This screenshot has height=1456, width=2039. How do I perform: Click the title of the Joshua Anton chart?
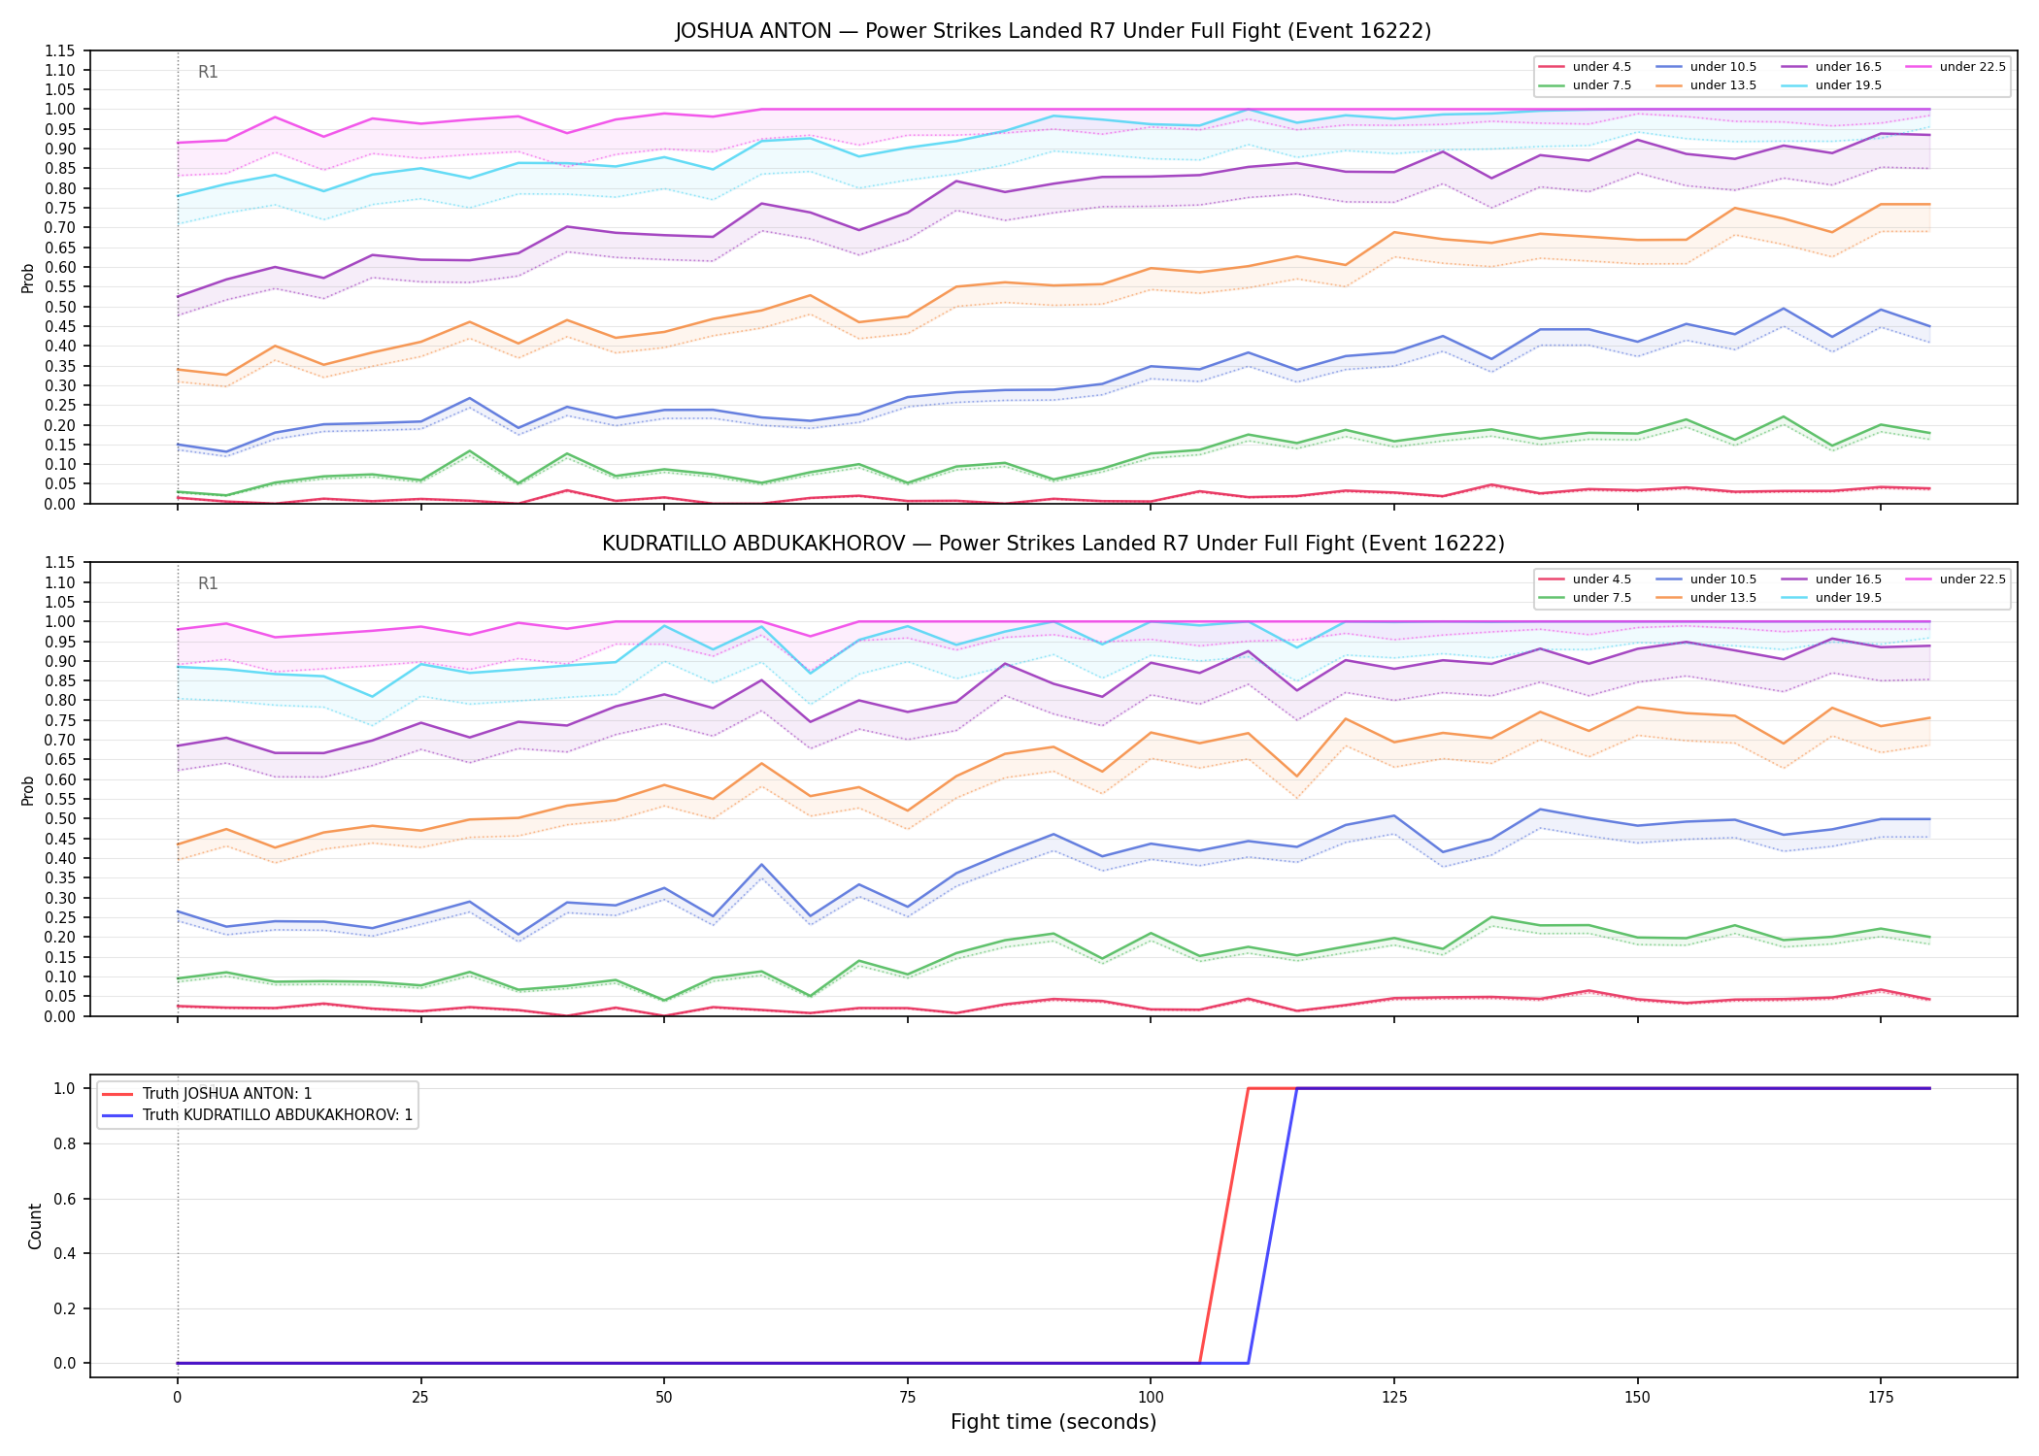tap(1053, 31)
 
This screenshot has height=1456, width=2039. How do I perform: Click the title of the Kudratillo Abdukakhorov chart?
tap(1053, 544)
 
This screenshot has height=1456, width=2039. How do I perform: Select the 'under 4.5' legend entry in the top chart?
tap(1585, 67)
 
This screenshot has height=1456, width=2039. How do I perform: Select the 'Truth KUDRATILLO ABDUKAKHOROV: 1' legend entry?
tap(257, 1115)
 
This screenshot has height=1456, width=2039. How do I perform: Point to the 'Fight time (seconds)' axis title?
tap(1053, 1422)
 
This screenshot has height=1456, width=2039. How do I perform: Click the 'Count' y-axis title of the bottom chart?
tap(36, 1226)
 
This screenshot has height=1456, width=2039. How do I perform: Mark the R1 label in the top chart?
tap(208, 72)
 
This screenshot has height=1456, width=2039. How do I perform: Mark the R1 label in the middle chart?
tap(208, 583)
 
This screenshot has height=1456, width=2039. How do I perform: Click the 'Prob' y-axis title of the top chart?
tap(28, 278)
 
